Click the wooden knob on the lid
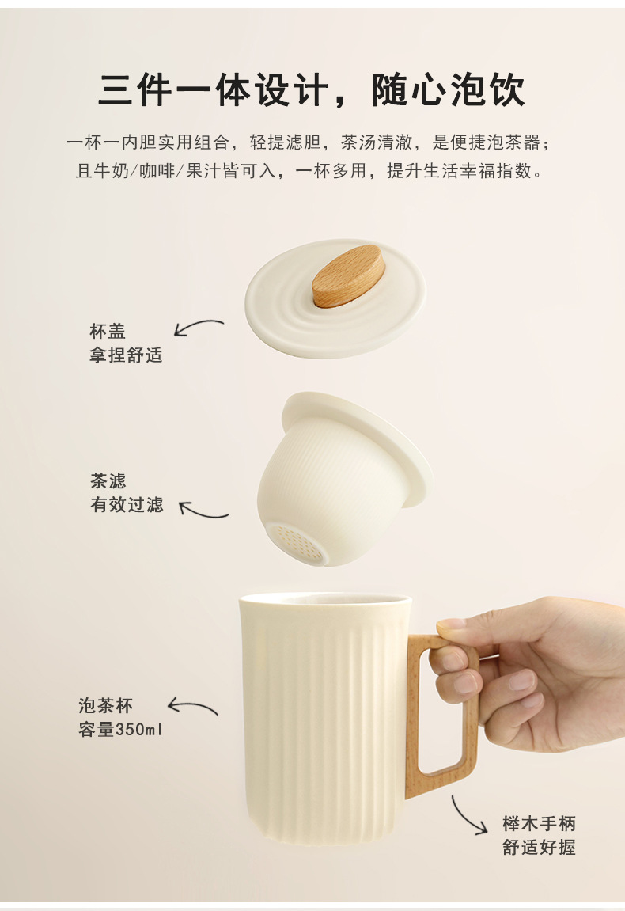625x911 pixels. (x=348, y=275)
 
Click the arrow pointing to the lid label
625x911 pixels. (x=198, y=327)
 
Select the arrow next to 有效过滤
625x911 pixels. (x=203, y=510)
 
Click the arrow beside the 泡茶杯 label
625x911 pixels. (x=191, y=706)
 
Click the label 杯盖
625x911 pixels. (x=108, y=331)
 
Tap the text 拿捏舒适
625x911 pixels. (x=126, y=355)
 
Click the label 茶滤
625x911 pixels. (x=108, y=481)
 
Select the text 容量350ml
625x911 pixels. (x=121, y=729)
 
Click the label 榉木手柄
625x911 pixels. (x=539, y=823)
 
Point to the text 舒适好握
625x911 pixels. (x=539, y=847)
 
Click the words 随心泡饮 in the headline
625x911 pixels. (x=449, y=90)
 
